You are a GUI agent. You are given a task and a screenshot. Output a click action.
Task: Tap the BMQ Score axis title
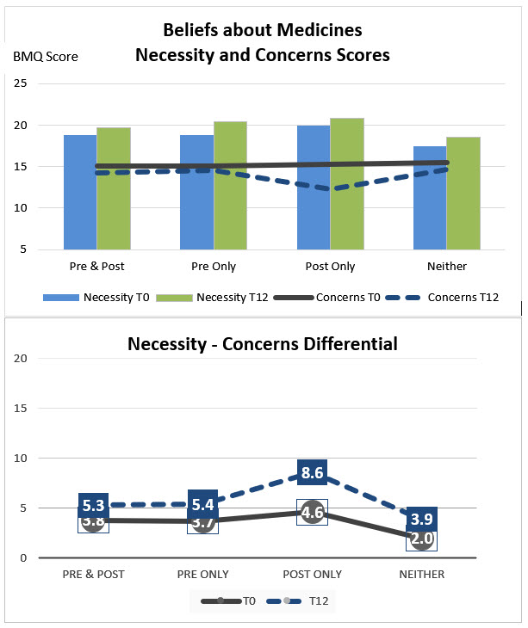[x=46, y=57]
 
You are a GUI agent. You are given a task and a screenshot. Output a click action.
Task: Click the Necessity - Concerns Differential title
[x=263, y=344]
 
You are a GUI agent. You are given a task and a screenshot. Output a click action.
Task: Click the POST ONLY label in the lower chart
[x=313, y=574]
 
